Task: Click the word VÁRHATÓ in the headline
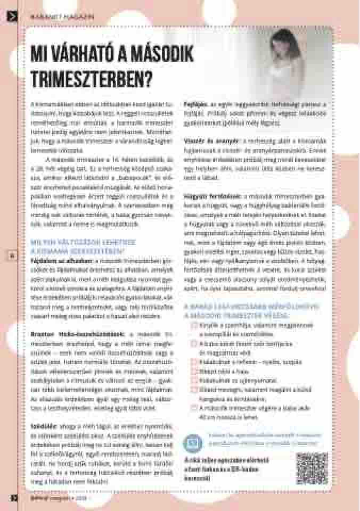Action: [78, 54]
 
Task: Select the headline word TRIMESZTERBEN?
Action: [91, 78]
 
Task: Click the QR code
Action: [312, 468]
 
